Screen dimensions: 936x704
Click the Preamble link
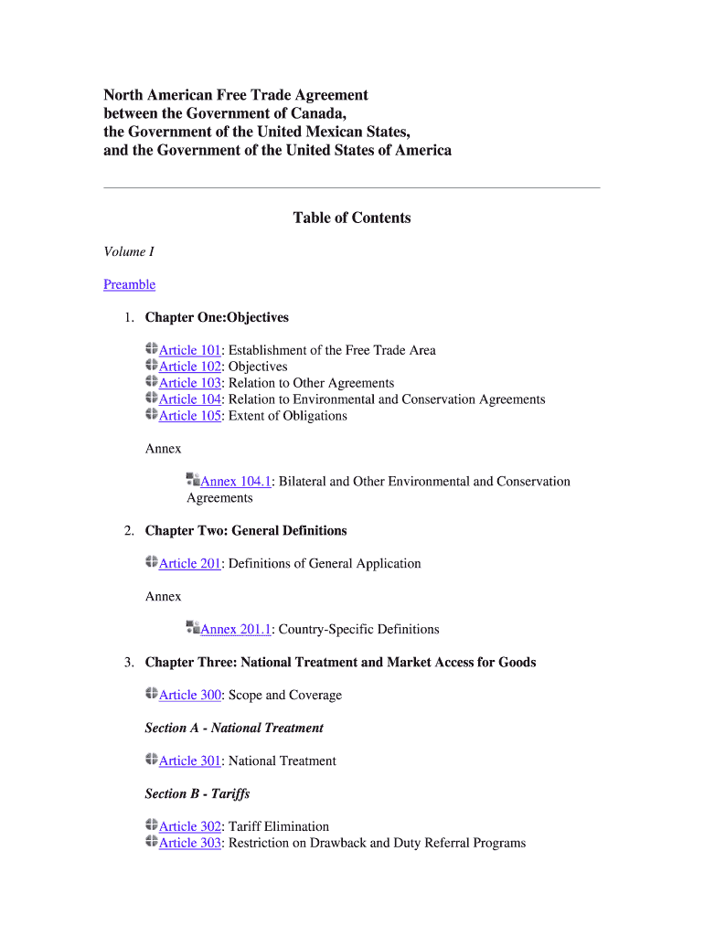tap(129, 284)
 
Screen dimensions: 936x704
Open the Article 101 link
tap(190, 350)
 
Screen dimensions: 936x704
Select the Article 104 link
tap(190, 399)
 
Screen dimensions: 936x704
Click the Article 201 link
tap(190, 564)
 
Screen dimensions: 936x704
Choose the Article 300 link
tap(190, 696)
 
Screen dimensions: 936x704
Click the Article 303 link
tap(190, 844)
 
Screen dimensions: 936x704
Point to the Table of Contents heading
tap(352, 218)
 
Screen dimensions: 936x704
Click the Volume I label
tap(129, 251)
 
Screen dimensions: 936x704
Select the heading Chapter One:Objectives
tap(217, 317)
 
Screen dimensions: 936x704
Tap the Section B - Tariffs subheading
tap(197, 794)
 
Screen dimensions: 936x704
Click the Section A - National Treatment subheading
tap(234, 729)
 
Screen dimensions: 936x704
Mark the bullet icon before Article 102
tap(151, 366)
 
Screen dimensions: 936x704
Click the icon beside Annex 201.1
tap(193, 628)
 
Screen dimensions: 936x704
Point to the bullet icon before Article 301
tap(151, 760)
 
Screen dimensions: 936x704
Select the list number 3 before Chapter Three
tap(130, 663)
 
